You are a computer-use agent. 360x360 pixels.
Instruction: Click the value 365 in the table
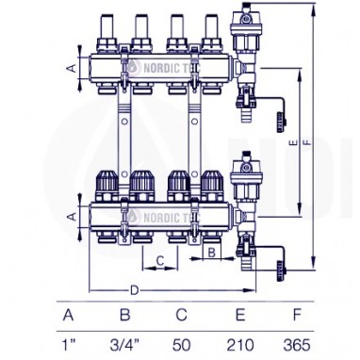coord(296,345)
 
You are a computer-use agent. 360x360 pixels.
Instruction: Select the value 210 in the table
coord(239,345)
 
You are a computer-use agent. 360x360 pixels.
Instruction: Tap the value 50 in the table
coord(181,345)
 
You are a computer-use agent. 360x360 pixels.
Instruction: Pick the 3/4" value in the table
coord(124,345)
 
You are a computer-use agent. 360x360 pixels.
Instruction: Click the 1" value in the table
coord(69,345)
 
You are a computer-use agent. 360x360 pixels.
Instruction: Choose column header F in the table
coord(297,315)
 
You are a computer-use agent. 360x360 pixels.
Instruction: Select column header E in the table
coord(240,315)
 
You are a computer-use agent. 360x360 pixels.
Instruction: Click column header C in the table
coord(182,315)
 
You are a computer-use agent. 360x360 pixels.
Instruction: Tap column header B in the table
coord(125,315)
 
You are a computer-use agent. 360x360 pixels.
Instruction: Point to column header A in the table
coord(69,315)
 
